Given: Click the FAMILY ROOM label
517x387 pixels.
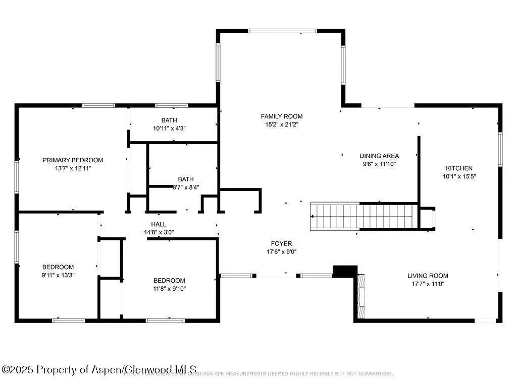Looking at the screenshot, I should [x=282, y=116].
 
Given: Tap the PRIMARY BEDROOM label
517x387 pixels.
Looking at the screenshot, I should [x=73, y=160].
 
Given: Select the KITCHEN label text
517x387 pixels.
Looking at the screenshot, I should [x=459, y=168].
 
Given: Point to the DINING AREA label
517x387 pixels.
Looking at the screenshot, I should [x=379, y=156].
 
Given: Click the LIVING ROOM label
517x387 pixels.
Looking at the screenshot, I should [x=428, y=276].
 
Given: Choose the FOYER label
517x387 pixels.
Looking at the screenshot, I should [x=281, y=244].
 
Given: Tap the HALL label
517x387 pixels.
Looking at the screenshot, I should [x=158, y=224].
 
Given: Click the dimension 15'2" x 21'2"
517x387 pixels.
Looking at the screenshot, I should [x=282, y=124].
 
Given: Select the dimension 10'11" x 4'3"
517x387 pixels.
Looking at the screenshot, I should [x=169, y=128].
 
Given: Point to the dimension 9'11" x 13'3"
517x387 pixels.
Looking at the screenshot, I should [x=58, y=275].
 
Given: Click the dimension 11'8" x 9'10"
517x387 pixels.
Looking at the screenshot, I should [x=169, y=289].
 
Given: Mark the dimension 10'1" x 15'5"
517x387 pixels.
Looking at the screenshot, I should [x=459, y=176].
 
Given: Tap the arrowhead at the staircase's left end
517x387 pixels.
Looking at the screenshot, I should [x=313, y=216].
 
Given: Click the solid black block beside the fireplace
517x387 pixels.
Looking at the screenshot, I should [x=345, y=271].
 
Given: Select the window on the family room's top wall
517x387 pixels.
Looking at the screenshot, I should [x=283, y=31].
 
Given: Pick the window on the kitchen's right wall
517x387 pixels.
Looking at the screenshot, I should [x=500, y=149].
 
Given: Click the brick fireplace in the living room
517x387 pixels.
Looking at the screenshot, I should [x=360, y=296].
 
